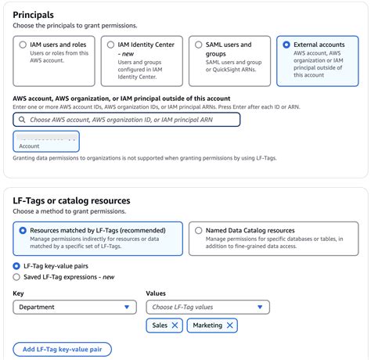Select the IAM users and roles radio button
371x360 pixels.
point(22,45)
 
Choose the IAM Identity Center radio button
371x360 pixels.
point(110,45)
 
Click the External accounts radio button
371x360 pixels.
point(286,45)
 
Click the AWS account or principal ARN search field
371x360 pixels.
point(129,120)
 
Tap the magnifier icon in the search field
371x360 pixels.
point(22,120)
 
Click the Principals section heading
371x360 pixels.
point(34,15)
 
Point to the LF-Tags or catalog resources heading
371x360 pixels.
point(71,200)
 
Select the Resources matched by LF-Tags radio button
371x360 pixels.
point(22,231)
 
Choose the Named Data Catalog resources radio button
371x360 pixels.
point(197,231)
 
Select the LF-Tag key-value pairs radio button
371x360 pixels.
point(17,266)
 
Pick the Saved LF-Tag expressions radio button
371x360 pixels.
point(17,277)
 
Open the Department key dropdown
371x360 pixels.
point(75,308)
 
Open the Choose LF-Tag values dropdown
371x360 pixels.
point(207,308)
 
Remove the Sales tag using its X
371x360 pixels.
point(175,326)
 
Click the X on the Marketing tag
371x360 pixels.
point(229,326)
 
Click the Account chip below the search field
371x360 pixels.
point(46,142)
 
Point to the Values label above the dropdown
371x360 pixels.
point(156,293)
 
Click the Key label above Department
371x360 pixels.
point(18,293)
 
